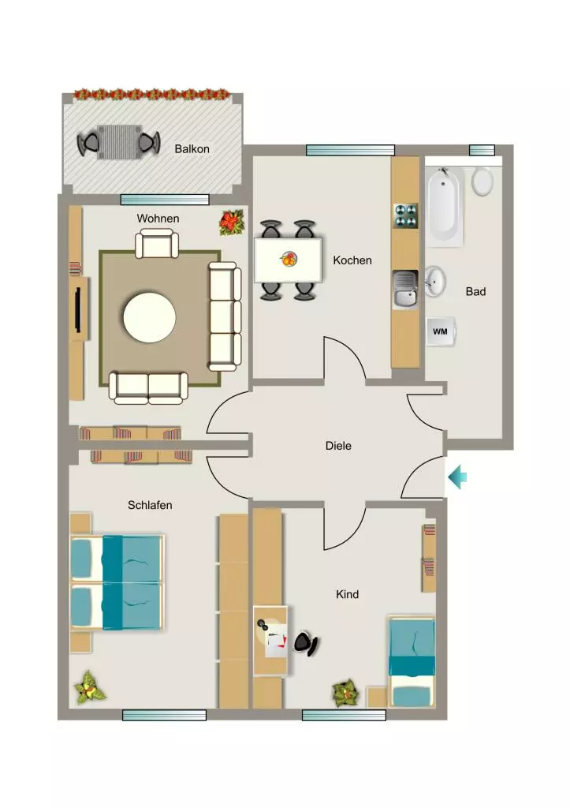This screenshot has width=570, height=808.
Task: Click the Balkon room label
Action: pos(192,149)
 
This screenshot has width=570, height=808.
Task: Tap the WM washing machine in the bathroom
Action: pos(440,331)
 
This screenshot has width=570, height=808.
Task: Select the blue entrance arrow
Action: pos(457,477)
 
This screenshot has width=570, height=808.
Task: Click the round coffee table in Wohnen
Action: pos(149,317)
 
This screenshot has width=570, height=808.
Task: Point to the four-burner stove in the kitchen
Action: pos(406,215)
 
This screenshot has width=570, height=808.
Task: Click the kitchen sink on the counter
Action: pos(405,289)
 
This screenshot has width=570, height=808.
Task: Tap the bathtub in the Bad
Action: pos(445,206)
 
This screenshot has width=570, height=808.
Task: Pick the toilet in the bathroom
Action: pos(482,181)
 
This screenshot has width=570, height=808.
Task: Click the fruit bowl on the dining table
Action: pos(289,259)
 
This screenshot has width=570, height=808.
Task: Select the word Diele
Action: pos(338,446)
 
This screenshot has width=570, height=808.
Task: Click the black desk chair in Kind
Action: pos(307,643)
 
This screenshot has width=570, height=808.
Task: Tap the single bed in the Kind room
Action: pos(412,662)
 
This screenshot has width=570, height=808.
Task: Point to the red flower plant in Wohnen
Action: pos(232,223)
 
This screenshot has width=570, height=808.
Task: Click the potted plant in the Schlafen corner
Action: pos(90,687)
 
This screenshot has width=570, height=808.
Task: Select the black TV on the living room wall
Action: pos(78,310)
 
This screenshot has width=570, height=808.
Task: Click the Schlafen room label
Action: pos(150,505)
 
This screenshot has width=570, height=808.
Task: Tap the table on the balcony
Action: pos(119,142)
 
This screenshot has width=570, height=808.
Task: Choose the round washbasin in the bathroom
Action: pos(434,282)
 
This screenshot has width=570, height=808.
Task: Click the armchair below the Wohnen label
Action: pos(157,244)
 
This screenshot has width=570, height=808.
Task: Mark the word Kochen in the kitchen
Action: pos(352,260)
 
